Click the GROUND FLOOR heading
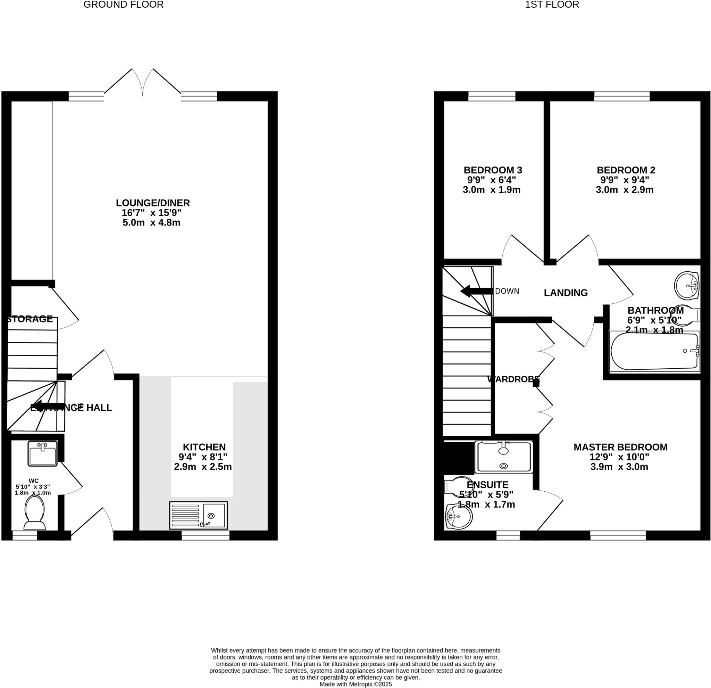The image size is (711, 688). (x=123, y=5)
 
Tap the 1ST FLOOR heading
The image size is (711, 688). (x=552, y=5)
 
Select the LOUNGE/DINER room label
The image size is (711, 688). (x=153, y=203)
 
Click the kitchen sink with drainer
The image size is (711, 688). (x=199, y=515)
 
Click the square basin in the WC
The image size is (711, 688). (x=42, y=454)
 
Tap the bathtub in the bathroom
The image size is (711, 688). (x=654, y=351)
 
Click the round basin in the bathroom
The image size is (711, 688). (x=686, y=286)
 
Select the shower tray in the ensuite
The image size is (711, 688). (x=503, y=457)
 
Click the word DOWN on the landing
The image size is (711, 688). (x=507, y=291)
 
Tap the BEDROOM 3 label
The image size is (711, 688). (x=493, y=170)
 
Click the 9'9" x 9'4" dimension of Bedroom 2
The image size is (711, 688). (x=625, y=180)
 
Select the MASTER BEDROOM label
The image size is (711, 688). (x=620, y=447)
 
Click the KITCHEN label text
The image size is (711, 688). (x=204, y=447)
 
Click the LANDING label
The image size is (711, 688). (x=566, y=293)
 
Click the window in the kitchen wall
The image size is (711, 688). (x=205, y=535)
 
